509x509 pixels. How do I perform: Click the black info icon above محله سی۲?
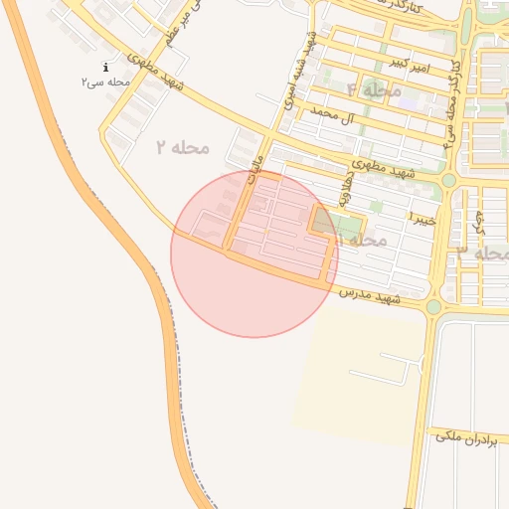pyautogui.click(x=105, y=68)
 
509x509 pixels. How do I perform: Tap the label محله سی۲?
pyautogui.click(x=105, y=82)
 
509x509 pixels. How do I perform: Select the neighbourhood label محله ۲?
pyautogui.click(x=184, y=147)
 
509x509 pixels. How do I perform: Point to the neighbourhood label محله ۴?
pyautogui.click(x=374, y=89)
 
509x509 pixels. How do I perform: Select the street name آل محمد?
pyautogui.click(x=333, y=115)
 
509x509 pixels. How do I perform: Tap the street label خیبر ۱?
pyautogui.click(x=423, y=215)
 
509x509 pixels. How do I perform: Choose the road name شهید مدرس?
pyautogui.click(x=368, y=295)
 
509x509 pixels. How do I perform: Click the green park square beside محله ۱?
pyautogui.click(x=327, y=222)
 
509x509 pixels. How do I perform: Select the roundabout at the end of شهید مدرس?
pyautogui.click(x=433, y=307)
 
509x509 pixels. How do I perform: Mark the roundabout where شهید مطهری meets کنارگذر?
pyautogui.click(x=448, y=180)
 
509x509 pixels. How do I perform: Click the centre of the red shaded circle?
pyautogui.click(x=254, y=254)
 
